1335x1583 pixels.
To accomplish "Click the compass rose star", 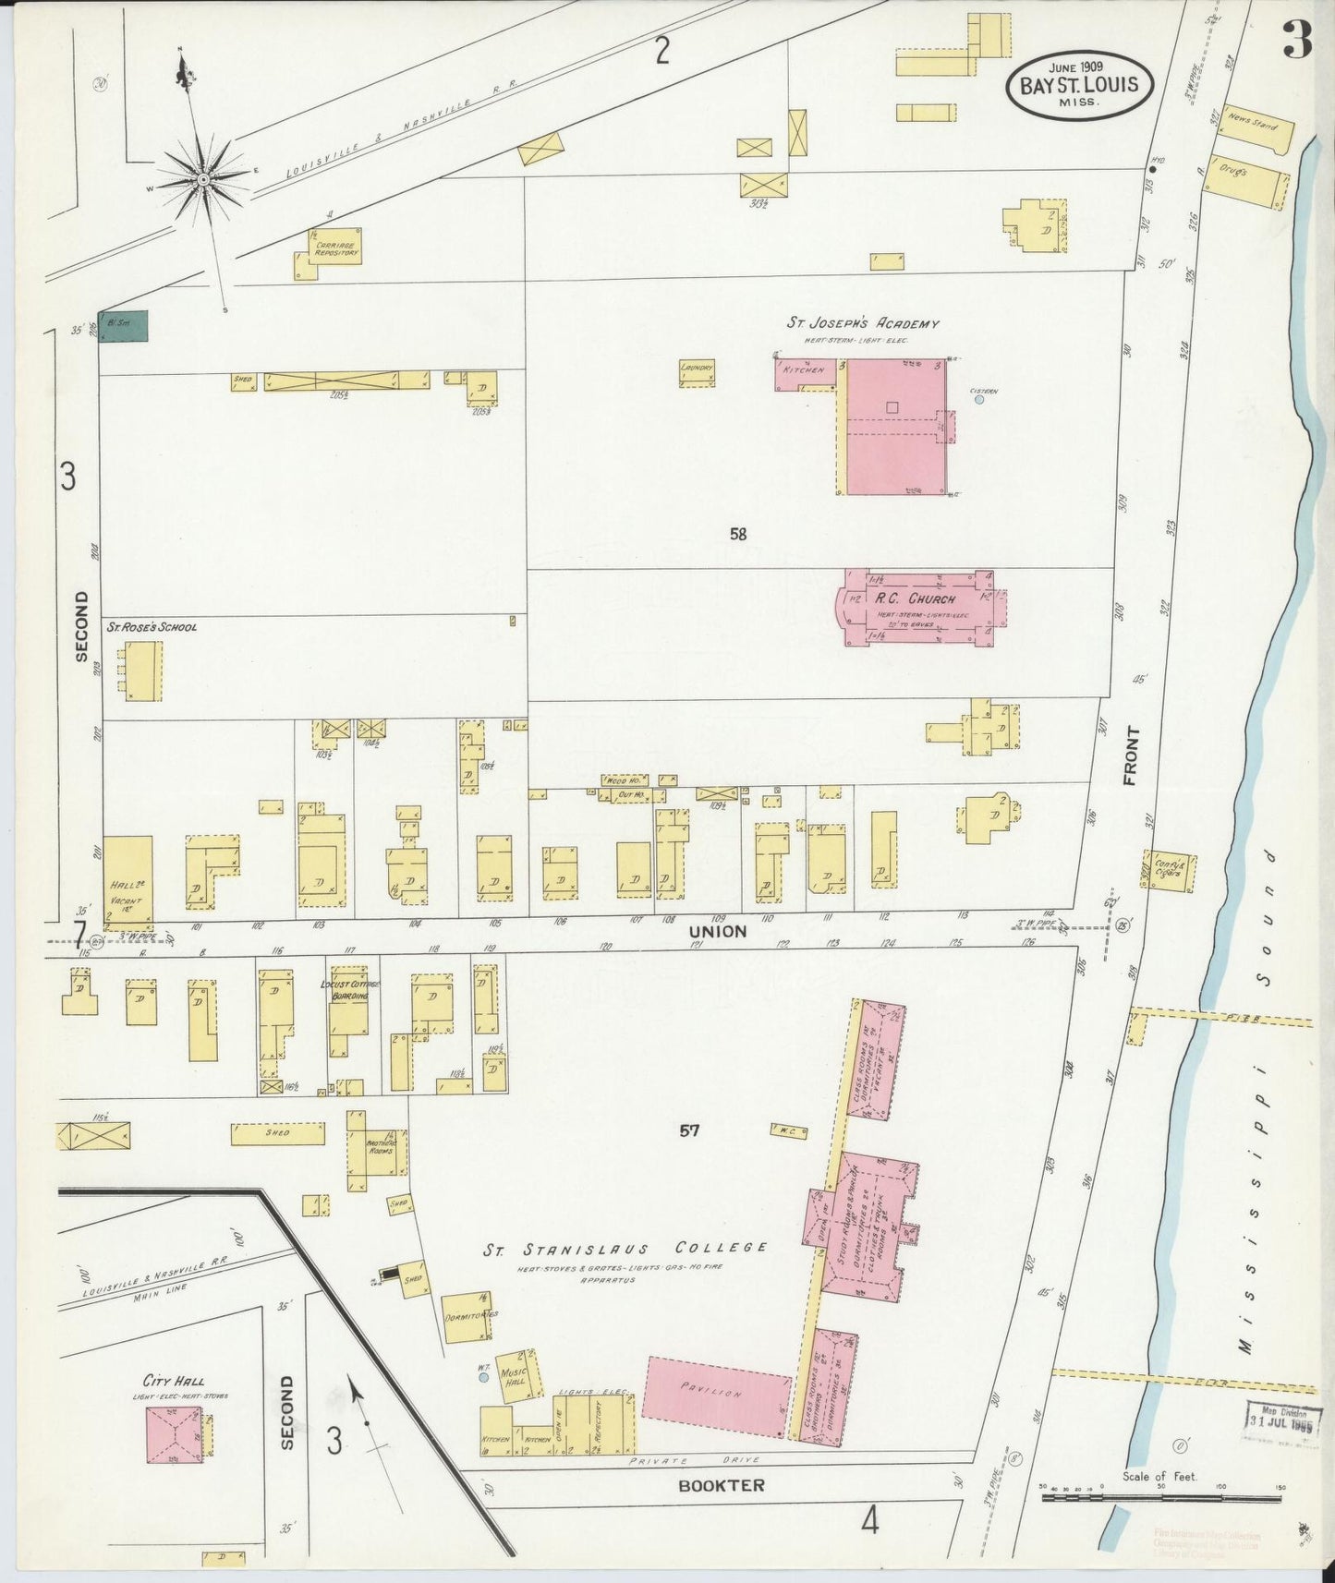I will coord(202,175).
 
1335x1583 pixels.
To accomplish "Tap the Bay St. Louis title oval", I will coord(1080,85).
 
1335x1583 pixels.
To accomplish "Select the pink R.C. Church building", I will coord(917,607).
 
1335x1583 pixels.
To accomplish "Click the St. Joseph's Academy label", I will coord(862,324).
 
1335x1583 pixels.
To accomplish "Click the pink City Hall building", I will coord(175,1434).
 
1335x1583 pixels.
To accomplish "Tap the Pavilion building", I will coord(717,1396).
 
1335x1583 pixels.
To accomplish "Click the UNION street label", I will coord(718,932).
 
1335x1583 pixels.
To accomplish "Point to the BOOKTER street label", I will coord(722,1485).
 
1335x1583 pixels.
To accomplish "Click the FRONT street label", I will coord(1132,755).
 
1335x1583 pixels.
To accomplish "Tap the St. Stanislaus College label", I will coord(626,1249).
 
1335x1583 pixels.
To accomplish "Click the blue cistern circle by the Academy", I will coord(979,400).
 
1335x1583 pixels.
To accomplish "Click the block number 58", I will coord(737,533).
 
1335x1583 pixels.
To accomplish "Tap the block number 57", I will coord(689,1130).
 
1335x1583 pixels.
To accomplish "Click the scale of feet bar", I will coord(1160,1497).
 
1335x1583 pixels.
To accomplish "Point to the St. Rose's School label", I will coord(152,627).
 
